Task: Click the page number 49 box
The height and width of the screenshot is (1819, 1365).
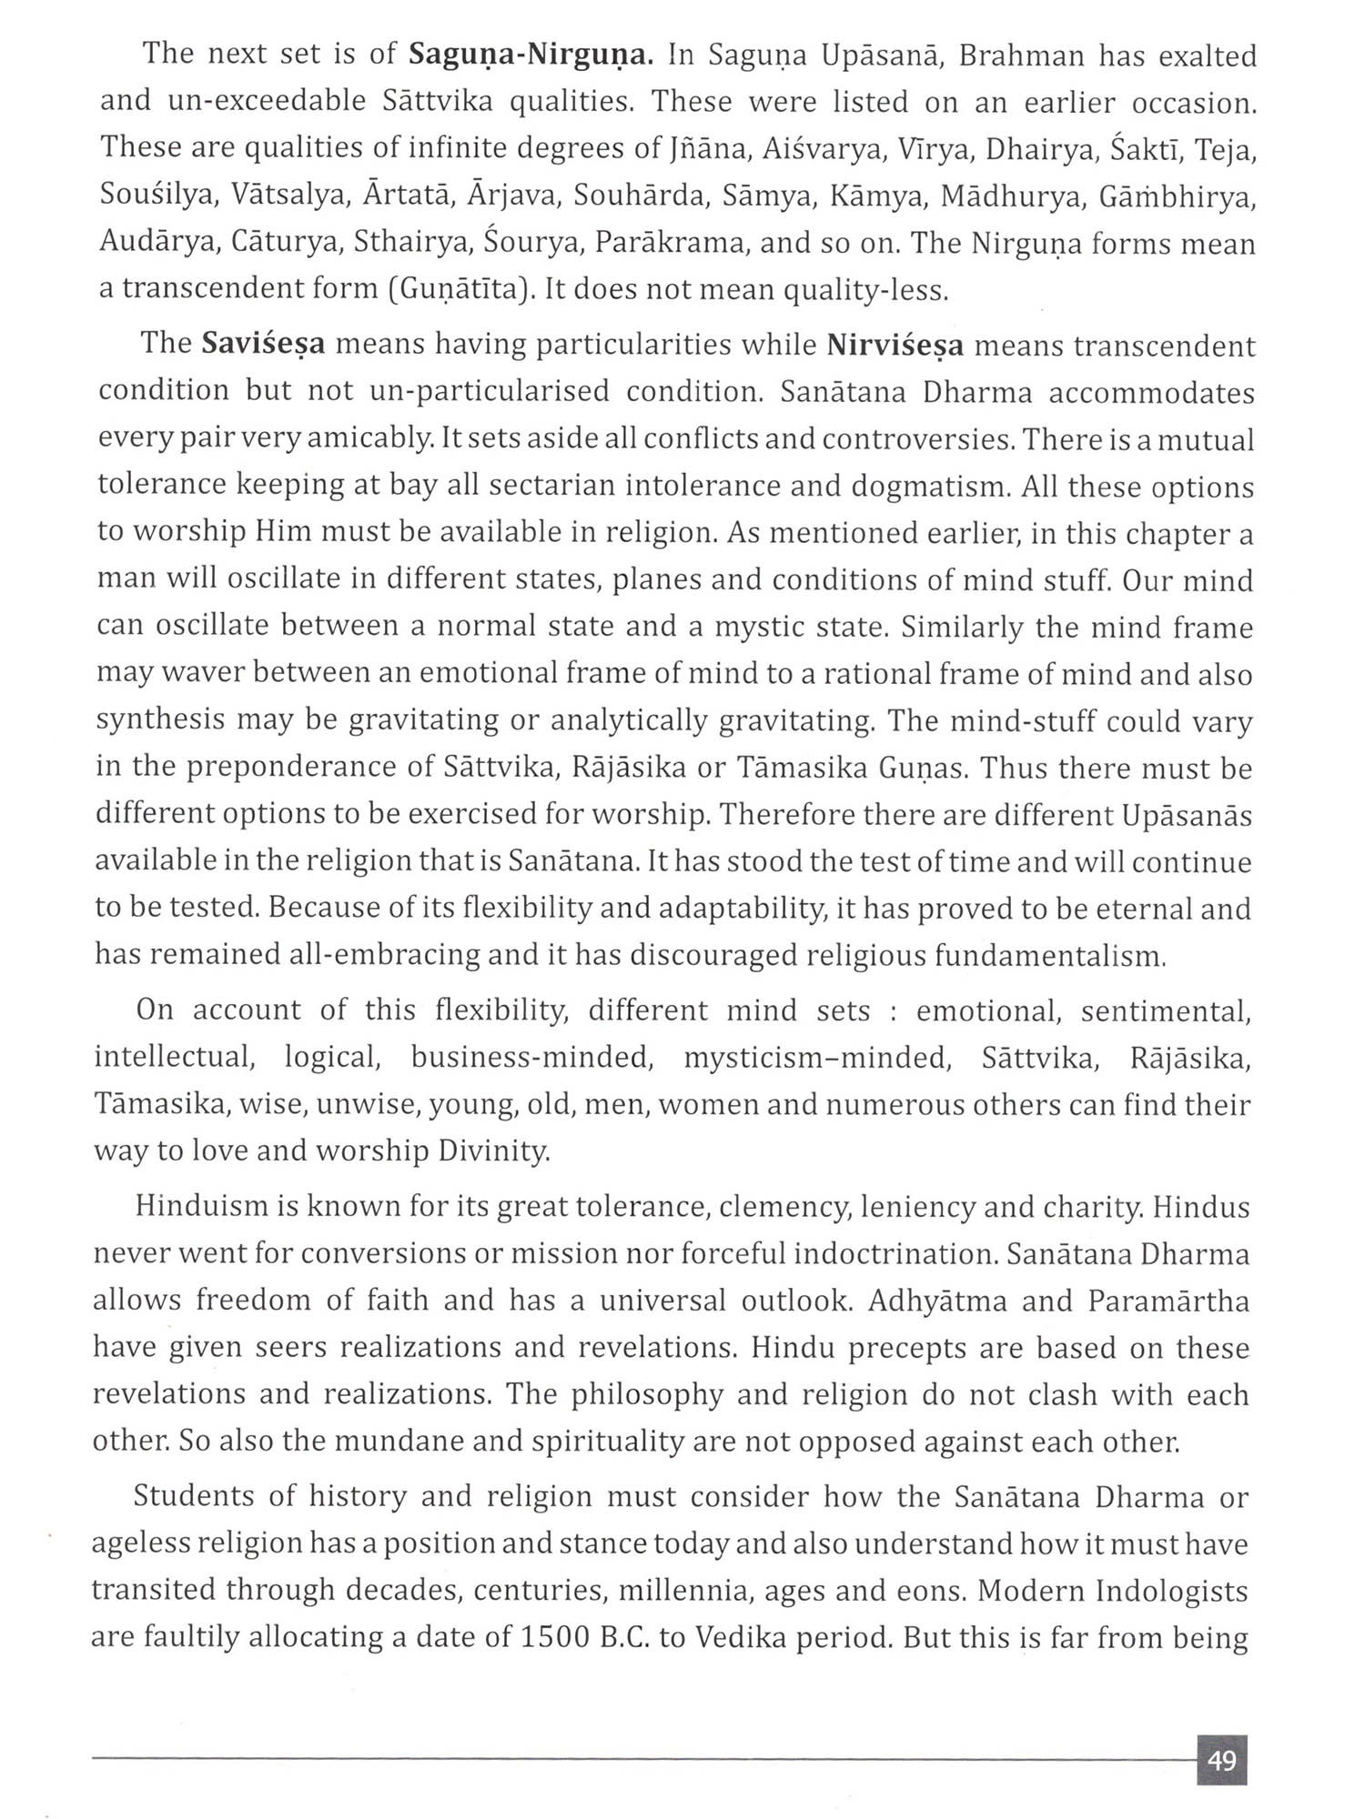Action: coord(1221,1761)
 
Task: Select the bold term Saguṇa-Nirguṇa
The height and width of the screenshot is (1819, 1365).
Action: coord(531,55)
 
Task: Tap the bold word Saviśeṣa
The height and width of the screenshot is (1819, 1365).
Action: coord(264,345)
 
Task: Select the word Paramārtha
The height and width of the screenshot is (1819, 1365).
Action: coord(1169,1301)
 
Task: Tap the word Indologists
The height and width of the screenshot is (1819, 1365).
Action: coord(1172,1592)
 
